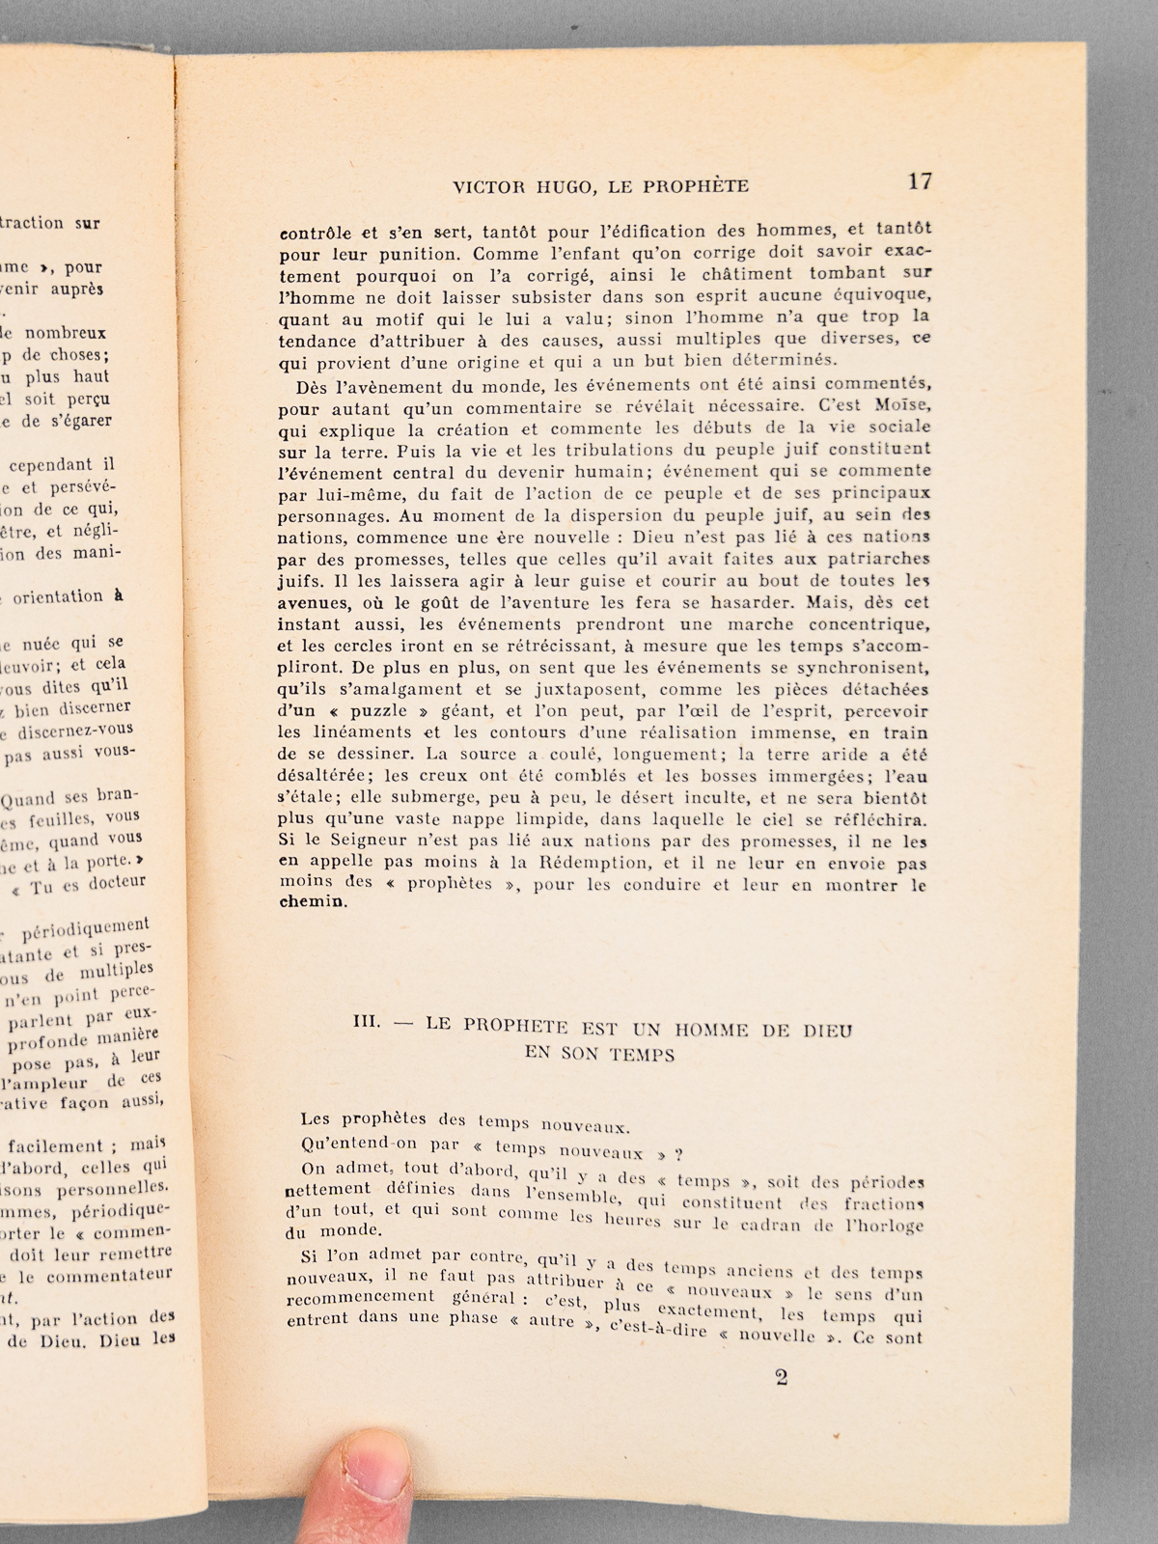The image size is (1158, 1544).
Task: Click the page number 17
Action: (919, 180)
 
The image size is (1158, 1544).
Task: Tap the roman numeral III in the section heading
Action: (368, 1023)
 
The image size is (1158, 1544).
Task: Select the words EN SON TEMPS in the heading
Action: (599, 1054)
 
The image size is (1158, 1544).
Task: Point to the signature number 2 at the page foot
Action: (781, 1377)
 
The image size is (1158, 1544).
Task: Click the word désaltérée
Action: (326, 776)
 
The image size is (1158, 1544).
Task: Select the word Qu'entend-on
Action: (355, 1144)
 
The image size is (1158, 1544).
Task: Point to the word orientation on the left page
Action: (58, 597)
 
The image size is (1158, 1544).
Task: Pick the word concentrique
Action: (871, 623)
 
